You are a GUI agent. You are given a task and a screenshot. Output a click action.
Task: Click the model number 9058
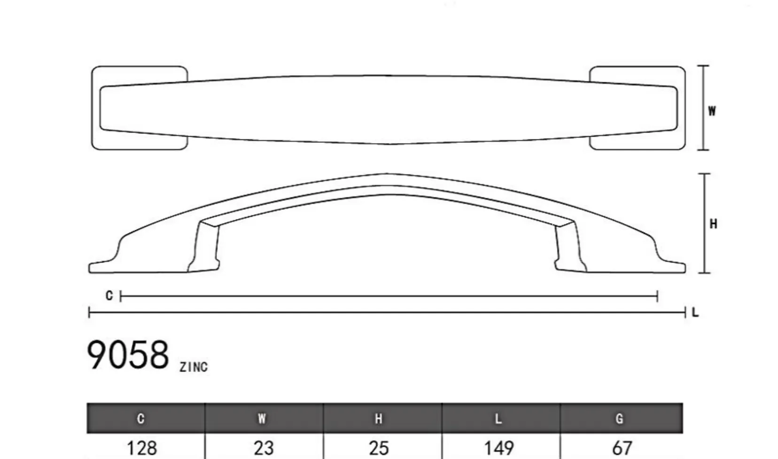coord(127,355)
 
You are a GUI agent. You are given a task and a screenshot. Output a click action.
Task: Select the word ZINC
coord(194,367)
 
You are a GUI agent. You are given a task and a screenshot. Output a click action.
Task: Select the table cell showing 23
coord(264,448)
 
